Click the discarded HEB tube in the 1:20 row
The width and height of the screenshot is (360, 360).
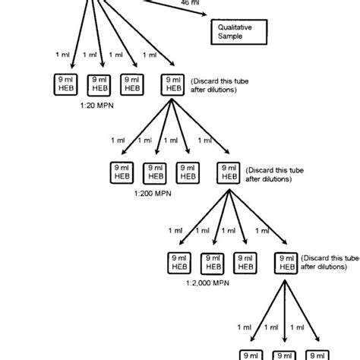pos(172,84)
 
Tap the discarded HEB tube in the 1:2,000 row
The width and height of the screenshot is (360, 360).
pos(285,262)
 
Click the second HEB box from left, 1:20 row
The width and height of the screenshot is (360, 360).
pos(99,84)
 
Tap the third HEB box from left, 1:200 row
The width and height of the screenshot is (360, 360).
pos(187,172)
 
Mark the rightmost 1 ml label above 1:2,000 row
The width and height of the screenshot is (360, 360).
pos(262,230)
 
